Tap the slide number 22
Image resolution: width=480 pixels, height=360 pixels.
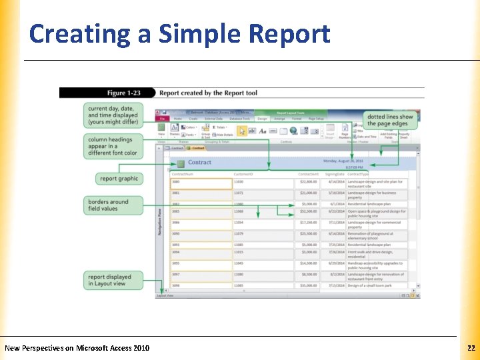tap(471, 348)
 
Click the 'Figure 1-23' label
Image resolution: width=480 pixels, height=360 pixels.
tap(126, 93)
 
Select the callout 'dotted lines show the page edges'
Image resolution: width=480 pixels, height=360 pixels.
tap(390, 121)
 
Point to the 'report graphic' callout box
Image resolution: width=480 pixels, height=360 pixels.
tap(118, 178)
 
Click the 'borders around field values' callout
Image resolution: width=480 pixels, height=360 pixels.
tap(113, 205)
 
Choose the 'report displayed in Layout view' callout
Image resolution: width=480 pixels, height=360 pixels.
tap(113, 280)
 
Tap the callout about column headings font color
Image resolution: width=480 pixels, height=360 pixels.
tap(113, 147)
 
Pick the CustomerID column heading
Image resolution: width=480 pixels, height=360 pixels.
tap(243, 174)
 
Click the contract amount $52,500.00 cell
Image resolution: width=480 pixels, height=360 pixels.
tap(307, 212)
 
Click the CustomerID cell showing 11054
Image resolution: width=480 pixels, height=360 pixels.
tap(263, 223)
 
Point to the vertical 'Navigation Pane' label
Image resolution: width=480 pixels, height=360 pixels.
tap(160, 220)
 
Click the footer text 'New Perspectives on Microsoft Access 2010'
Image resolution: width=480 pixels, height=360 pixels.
tap(77, 348)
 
